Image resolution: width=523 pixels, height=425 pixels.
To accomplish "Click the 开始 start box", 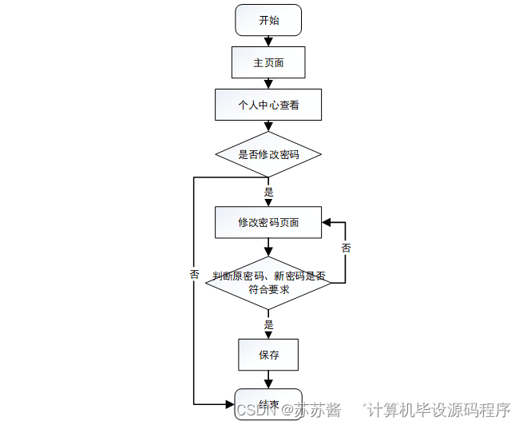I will [x=268, y=20].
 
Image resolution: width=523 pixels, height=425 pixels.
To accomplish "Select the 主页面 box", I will [x=268, y=62].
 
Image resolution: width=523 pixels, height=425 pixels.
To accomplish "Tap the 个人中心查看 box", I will [x=268, y=105].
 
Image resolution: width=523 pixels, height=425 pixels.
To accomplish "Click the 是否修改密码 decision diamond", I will [x=268, y=154].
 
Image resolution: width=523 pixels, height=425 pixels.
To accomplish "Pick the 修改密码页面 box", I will [x=268, y=222].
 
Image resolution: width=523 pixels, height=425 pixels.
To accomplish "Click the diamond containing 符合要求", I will [x=268, y=283].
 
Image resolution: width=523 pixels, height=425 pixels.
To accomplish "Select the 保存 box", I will [x=268, y=355].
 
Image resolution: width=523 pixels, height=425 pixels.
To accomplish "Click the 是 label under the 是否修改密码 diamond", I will [x=269, y=192].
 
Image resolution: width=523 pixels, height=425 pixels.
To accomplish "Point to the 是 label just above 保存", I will [x=269, y=324].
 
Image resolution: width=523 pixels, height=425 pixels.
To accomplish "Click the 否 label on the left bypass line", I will [x=194, y=274].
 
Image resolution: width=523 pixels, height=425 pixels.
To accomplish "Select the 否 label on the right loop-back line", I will [x=346, y=248].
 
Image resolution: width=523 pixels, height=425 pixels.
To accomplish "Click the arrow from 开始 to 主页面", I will [x=268, y=41].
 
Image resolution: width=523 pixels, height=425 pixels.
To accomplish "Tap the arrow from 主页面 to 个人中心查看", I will [x=268, y=83].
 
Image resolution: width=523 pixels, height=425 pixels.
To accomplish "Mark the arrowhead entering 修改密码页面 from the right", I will [x=327, y=222].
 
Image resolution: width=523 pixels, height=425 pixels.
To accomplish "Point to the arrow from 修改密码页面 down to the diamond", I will [x=268, y=247].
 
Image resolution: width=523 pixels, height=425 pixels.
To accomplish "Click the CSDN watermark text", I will [x=256, y=410].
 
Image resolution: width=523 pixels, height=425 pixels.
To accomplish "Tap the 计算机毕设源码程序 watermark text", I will [x=438, y=410].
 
